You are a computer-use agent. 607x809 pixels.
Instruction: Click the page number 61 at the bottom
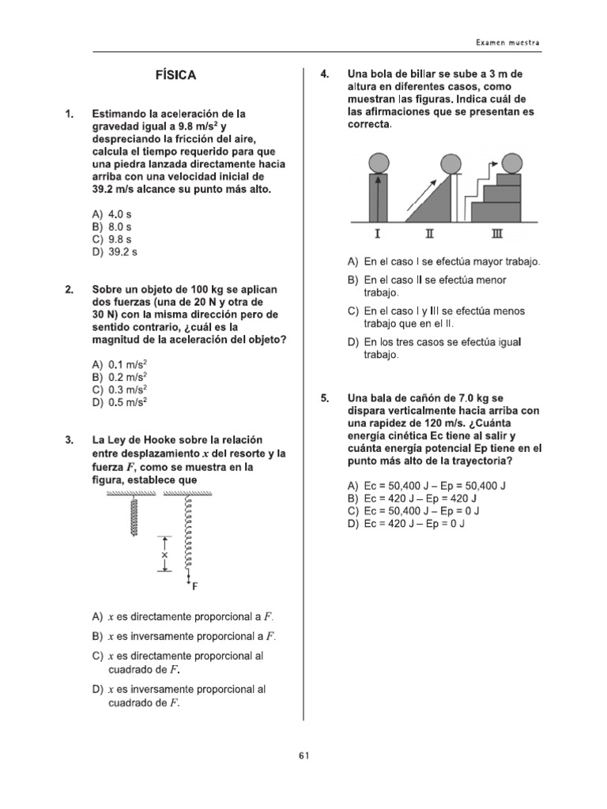[303, 755]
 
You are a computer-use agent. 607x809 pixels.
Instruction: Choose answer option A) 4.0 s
[112, 214]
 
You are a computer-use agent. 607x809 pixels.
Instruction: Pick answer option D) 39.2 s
[115, 252]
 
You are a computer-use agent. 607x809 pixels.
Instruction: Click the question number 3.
[70, 439]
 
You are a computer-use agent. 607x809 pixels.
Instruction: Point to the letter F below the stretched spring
[194, 588]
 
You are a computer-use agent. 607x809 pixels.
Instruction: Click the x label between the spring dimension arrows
[164, 555]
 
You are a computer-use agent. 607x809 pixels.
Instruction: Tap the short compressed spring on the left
[134, 516]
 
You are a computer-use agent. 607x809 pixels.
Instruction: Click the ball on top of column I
[378, 164]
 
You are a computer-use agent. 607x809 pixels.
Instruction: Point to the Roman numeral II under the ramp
[429, 233]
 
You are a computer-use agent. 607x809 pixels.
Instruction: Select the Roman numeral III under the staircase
[496, 233]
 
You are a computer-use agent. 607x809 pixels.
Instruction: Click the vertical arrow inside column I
[378, 198]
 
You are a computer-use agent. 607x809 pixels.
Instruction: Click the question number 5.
[324, 398]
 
